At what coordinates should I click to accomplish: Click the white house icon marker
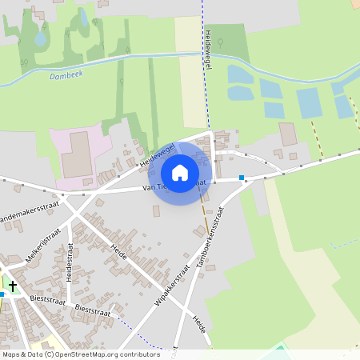pyautogui.click(x=180, y=173)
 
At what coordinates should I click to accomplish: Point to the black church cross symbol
pyautogui.click(x=13, y=285)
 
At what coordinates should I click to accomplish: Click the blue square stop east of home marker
pyautogui.click(x=242, y=178)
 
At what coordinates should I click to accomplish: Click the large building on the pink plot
pyautogui.click(x=77, y=154)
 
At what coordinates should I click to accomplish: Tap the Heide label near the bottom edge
pyautogui.click(x=198, y=325)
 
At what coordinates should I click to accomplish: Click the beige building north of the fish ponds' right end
pyautogui.click(x=287, y=134)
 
